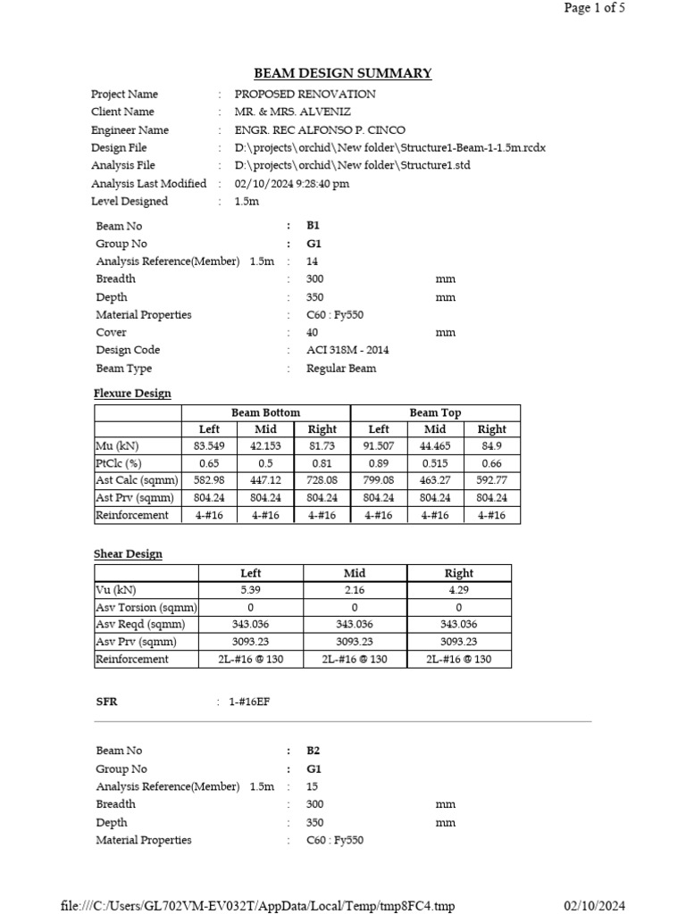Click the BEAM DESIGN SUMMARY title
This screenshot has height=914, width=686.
point(343,73)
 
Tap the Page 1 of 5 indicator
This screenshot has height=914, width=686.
point(594,9)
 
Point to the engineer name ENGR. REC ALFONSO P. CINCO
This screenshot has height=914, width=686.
point(320,129)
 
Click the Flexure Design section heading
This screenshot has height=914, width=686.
point(132,393)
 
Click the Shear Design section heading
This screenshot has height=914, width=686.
point(128,553)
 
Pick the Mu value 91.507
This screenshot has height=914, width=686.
point(379,446)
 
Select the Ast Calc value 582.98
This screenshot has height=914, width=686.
point(209,480)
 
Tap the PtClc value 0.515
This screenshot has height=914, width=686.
point(435,463)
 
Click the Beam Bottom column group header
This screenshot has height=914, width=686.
point(265,412)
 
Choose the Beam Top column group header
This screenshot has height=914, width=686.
point(435,412)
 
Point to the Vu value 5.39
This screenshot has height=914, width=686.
point(251,590)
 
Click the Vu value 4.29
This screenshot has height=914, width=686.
point(458,590)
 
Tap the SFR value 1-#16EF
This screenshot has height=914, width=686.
point(249,702)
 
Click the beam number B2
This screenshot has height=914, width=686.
point(313,751)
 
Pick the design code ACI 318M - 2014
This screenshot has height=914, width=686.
point(347,350)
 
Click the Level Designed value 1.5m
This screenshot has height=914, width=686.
point(247,201)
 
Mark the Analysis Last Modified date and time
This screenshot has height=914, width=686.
point(292,183)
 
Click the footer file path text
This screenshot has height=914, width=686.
point(257,906)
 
